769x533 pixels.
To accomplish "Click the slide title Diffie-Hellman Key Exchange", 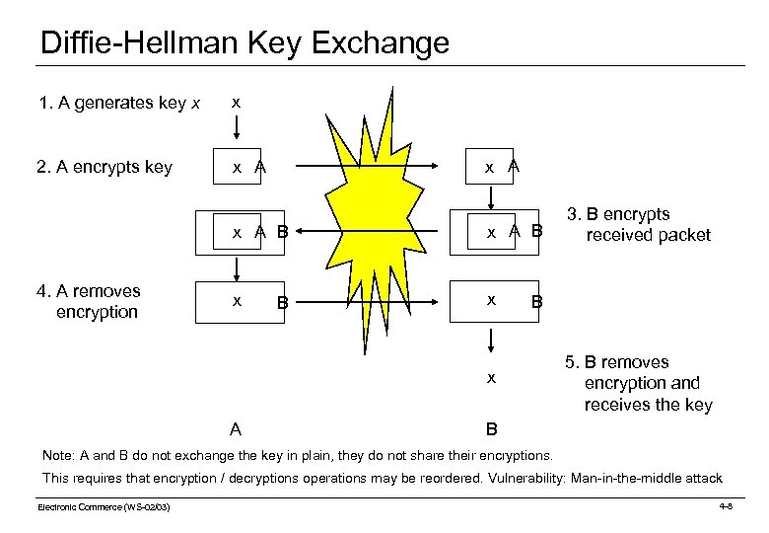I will click(x=245, y=43).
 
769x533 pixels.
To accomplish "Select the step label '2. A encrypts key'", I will click(x=105, y=167).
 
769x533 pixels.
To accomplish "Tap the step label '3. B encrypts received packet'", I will click(x=641, y=224).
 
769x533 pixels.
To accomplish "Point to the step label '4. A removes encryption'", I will click(x=88, y=301).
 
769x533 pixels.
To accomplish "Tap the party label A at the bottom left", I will click(x=235, y=429).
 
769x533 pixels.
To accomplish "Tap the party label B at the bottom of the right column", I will click(x=491, y=429).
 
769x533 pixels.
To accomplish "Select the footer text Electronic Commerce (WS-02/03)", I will click(x=104, y=507).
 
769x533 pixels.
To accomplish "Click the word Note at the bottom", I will click(x=57, y=455).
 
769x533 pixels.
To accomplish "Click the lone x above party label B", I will click(x=491, y=378).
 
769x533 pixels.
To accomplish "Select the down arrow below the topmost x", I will click(x=235, y=128).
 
